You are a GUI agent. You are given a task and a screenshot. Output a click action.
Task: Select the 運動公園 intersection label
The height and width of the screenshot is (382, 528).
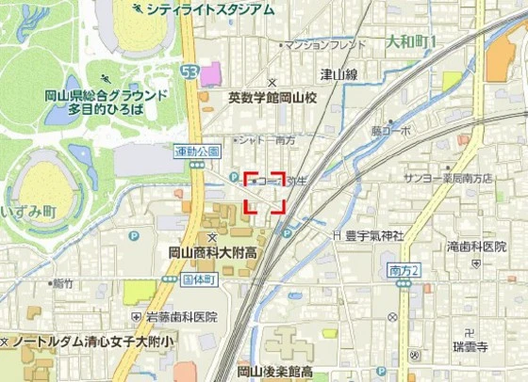point(197,151)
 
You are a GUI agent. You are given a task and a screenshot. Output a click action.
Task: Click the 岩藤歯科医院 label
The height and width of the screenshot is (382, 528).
point(180,318)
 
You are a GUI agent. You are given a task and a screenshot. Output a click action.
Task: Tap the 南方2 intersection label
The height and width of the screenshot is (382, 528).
point(404,271)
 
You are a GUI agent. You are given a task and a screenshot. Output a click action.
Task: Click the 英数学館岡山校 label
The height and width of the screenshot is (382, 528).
point(274,97)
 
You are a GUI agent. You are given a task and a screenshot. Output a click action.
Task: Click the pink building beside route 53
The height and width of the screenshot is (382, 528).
point(209,73)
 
